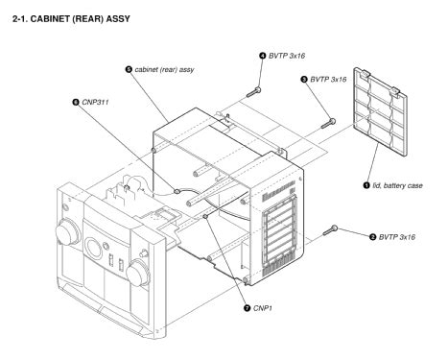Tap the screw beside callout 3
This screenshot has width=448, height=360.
pos(329,122)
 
